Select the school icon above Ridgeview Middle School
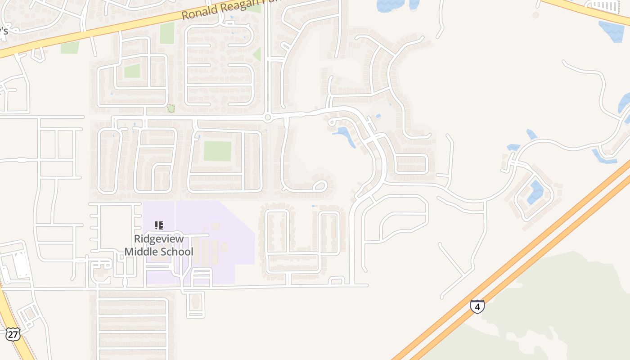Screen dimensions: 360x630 click(158, 225)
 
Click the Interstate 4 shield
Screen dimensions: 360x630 click(477, 306)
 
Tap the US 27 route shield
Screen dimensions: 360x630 click(13, 334)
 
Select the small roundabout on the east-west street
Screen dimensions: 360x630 click(268, 118)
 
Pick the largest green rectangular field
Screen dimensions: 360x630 click(217, 151)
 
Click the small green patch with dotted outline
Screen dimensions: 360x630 click(171, 108)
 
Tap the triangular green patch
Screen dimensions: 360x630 click(257, 55)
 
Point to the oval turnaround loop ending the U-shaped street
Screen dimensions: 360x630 click(320, 185)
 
